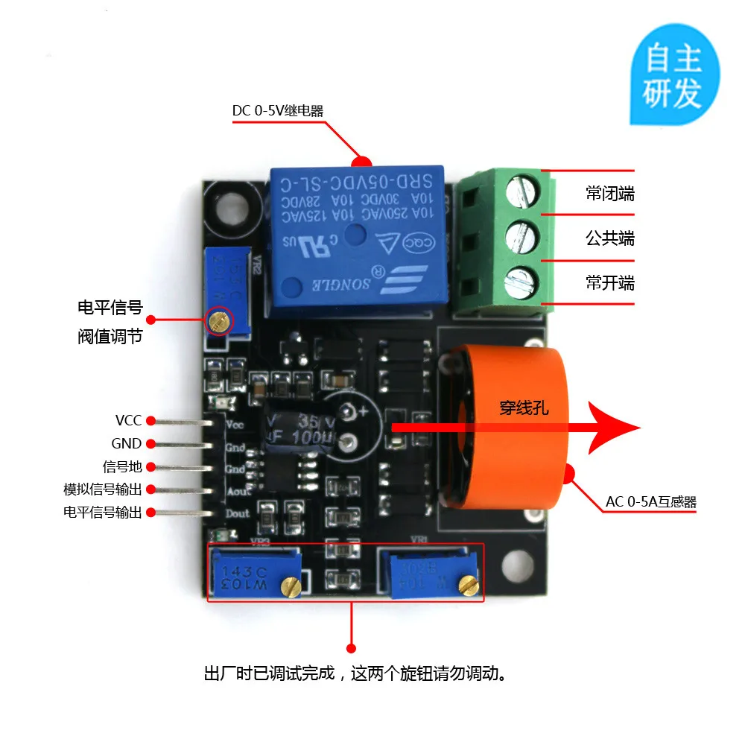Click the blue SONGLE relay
click(x=358, y=238)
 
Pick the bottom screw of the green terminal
click(x=521, y=282)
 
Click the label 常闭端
click(x=609, y=194)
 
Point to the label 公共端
click(x=609, y=238)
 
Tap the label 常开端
click(x=609, y=283)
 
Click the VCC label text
click(x=128, y=421)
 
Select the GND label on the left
click(x=126, y=444)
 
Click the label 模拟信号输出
click(x=102, y=489)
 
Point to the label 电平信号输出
click(x=102, y=513)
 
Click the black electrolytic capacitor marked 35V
click(x=298, y=430)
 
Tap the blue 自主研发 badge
click(x=673, y=77)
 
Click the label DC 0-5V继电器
click(x=277, y=111)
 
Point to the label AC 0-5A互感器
click(x=650, y=501)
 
